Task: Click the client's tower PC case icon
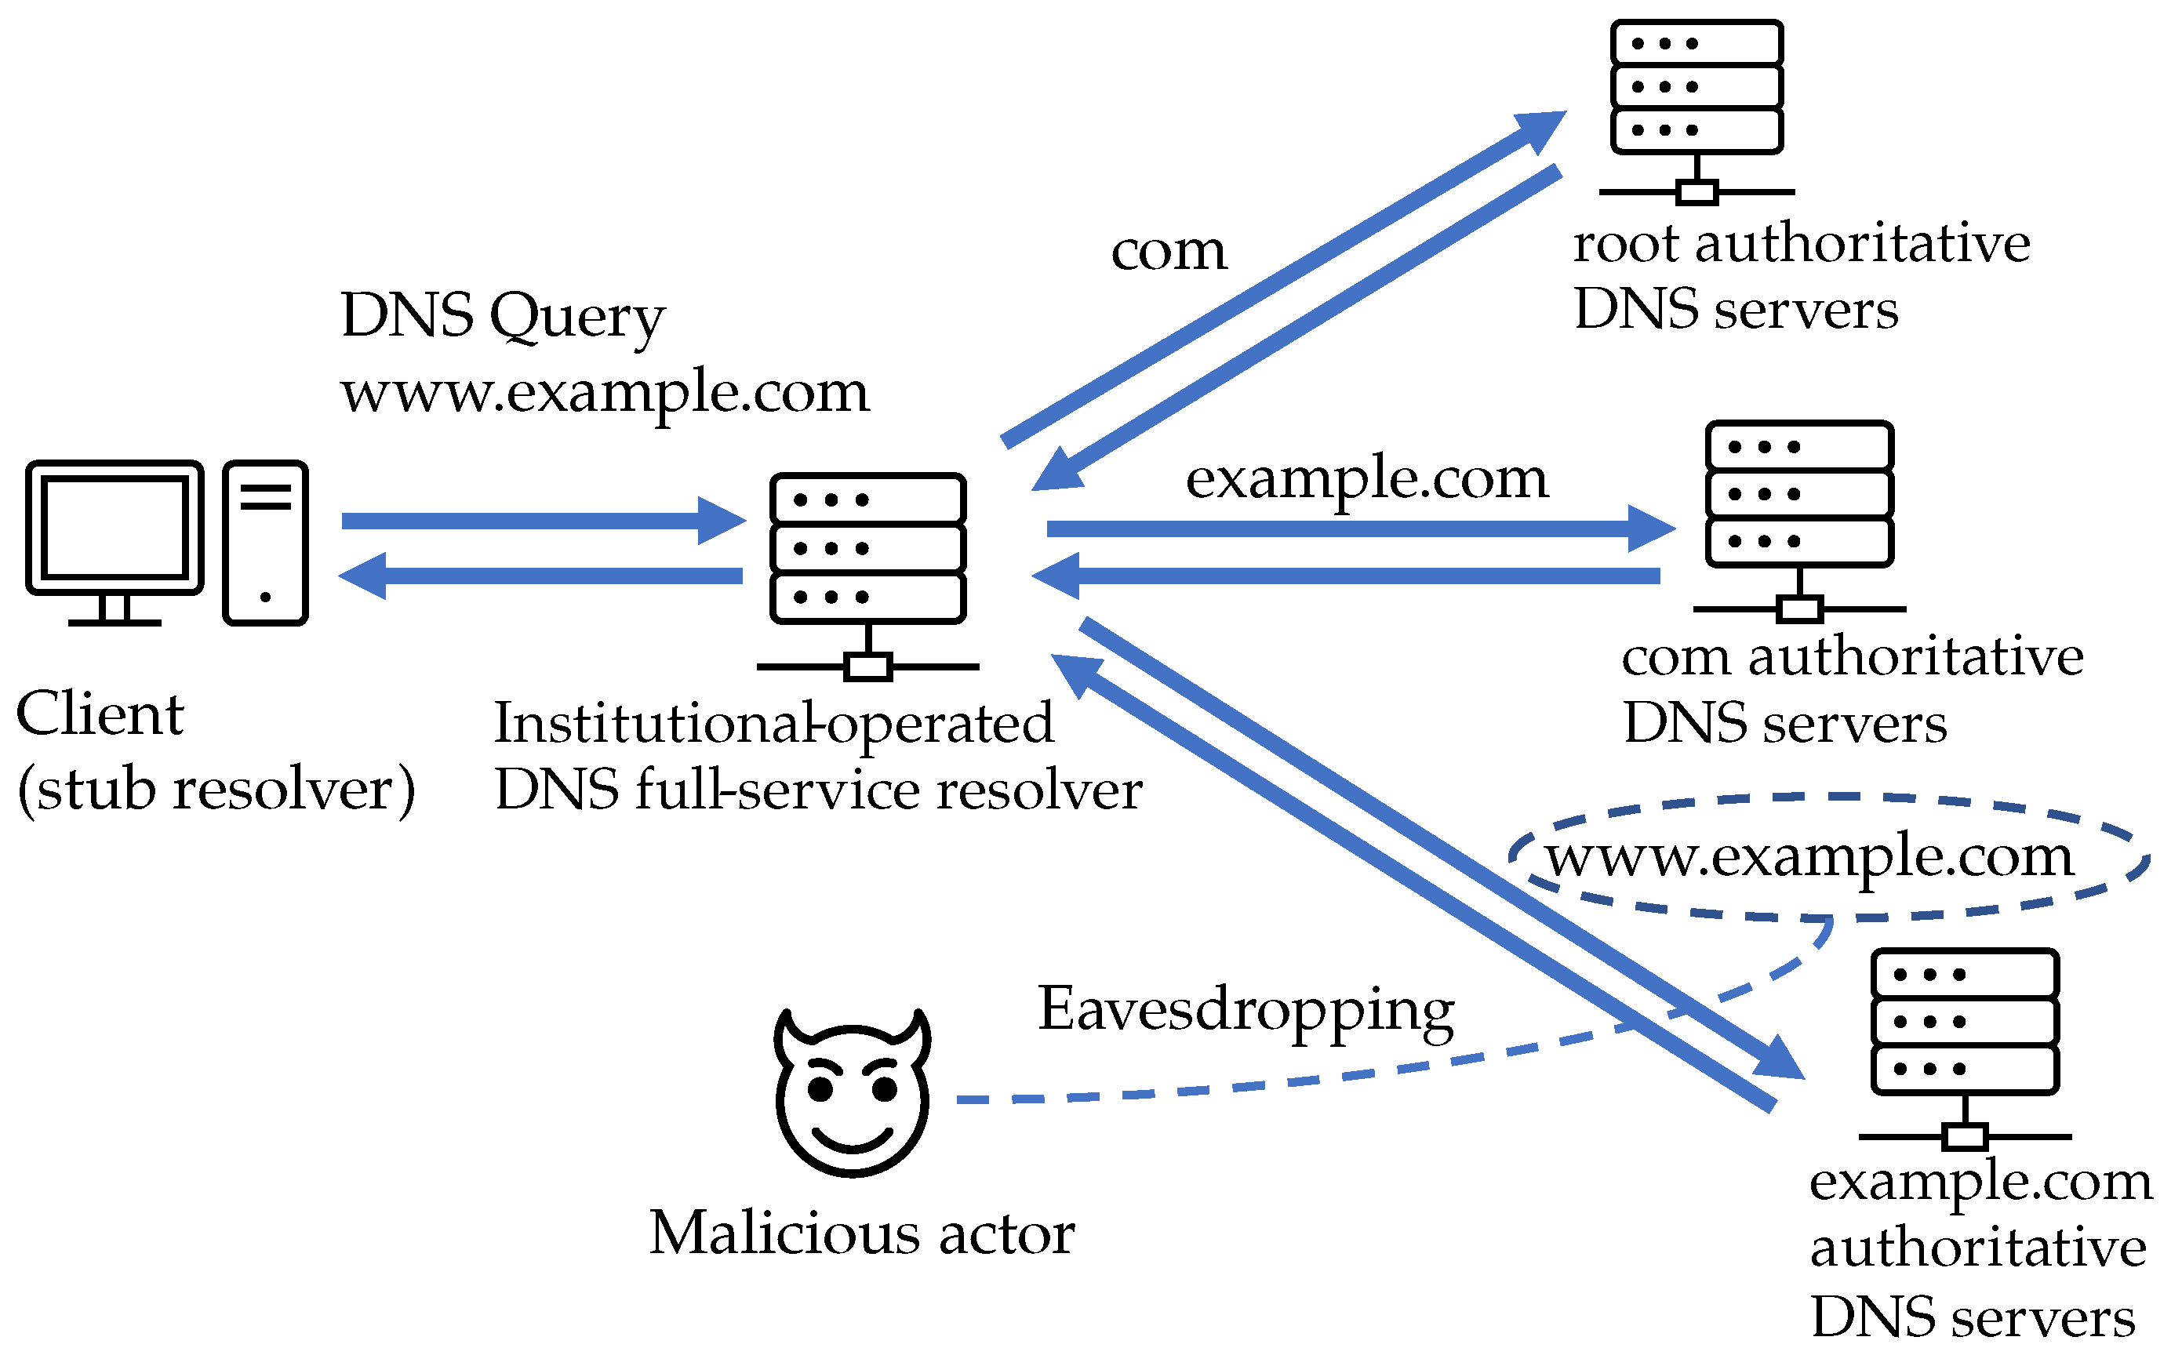[x=266, y=542]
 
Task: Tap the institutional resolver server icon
[x=868, y=560]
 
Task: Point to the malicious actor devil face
[x=852, y=1093]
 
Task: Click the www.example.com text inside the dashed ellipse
[x=1809, y=856]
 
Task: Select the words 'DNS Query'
[x=502, y=316]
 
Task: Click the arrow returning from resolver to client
[x=542, y=576]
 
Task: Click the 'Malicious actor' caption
[x=861, y=1233]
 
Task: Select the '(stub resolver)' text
[x=216, y=790]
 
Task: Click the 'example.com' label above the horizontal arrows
[x=1366, y=479]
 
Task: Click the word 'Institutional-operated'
[x=773, y=723]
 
